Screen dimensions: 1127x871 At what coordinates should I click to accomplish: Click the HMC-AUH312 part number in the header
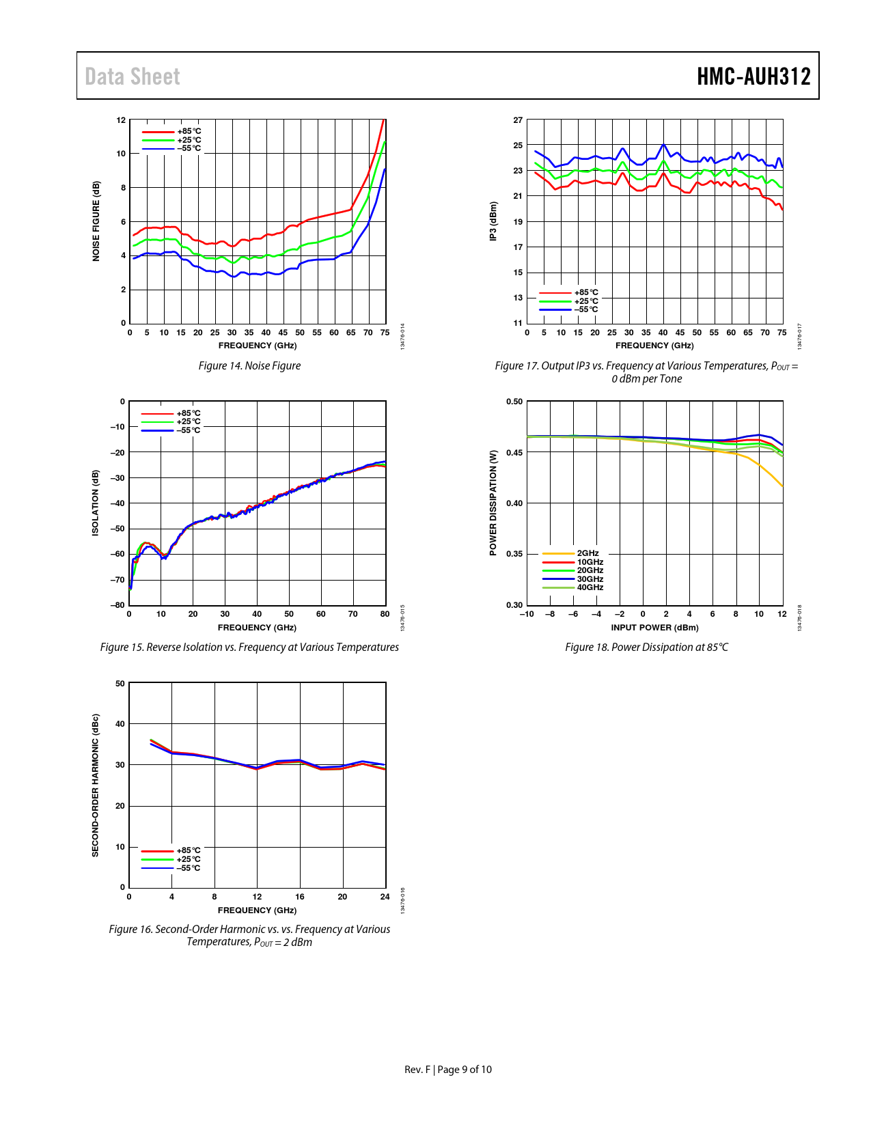(754, 76)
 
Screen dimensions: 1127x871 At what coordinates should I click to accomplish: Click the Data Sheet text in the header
(133, 76)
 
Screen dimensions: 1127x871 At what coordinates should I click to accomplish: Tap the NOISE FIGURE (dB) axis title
(96, 221)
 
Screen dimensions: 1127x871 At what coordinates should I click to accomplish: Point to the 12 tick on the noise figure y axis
(121, 120)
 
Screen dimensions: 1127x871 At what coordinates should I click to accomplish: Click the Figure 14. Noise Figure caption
(249, 366)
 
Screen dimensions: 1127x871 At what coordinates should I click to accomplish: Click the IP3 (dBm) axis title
(493, 221)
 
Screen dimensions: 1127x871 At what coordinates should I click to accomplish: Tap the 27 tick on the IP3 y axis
(518, 120)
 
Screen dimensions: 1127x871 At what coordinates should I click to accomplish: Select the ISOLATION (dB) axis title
(96, 503)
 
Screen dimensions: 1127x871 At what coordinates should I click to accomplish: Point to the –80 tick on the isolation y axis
(118, 605)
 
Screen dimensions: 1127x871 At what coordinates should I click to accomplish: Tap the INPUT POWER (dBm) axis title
(654, 628)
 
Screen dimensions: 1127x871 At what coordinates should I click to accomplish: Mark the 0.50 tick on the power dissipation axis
(514, 402)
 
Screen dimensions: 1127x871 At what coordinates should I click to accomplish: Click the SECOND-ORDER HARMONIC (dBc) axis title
(96, 785)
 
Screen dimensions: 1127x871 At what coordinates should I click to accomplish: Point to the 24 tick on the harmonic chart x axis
(385, 897)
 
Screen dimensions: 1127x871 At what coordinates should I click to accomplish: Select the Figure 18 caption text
(646, 648)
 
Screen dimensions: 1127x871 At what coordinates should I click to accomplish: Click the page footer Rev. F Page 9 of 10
(448, 1070)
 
